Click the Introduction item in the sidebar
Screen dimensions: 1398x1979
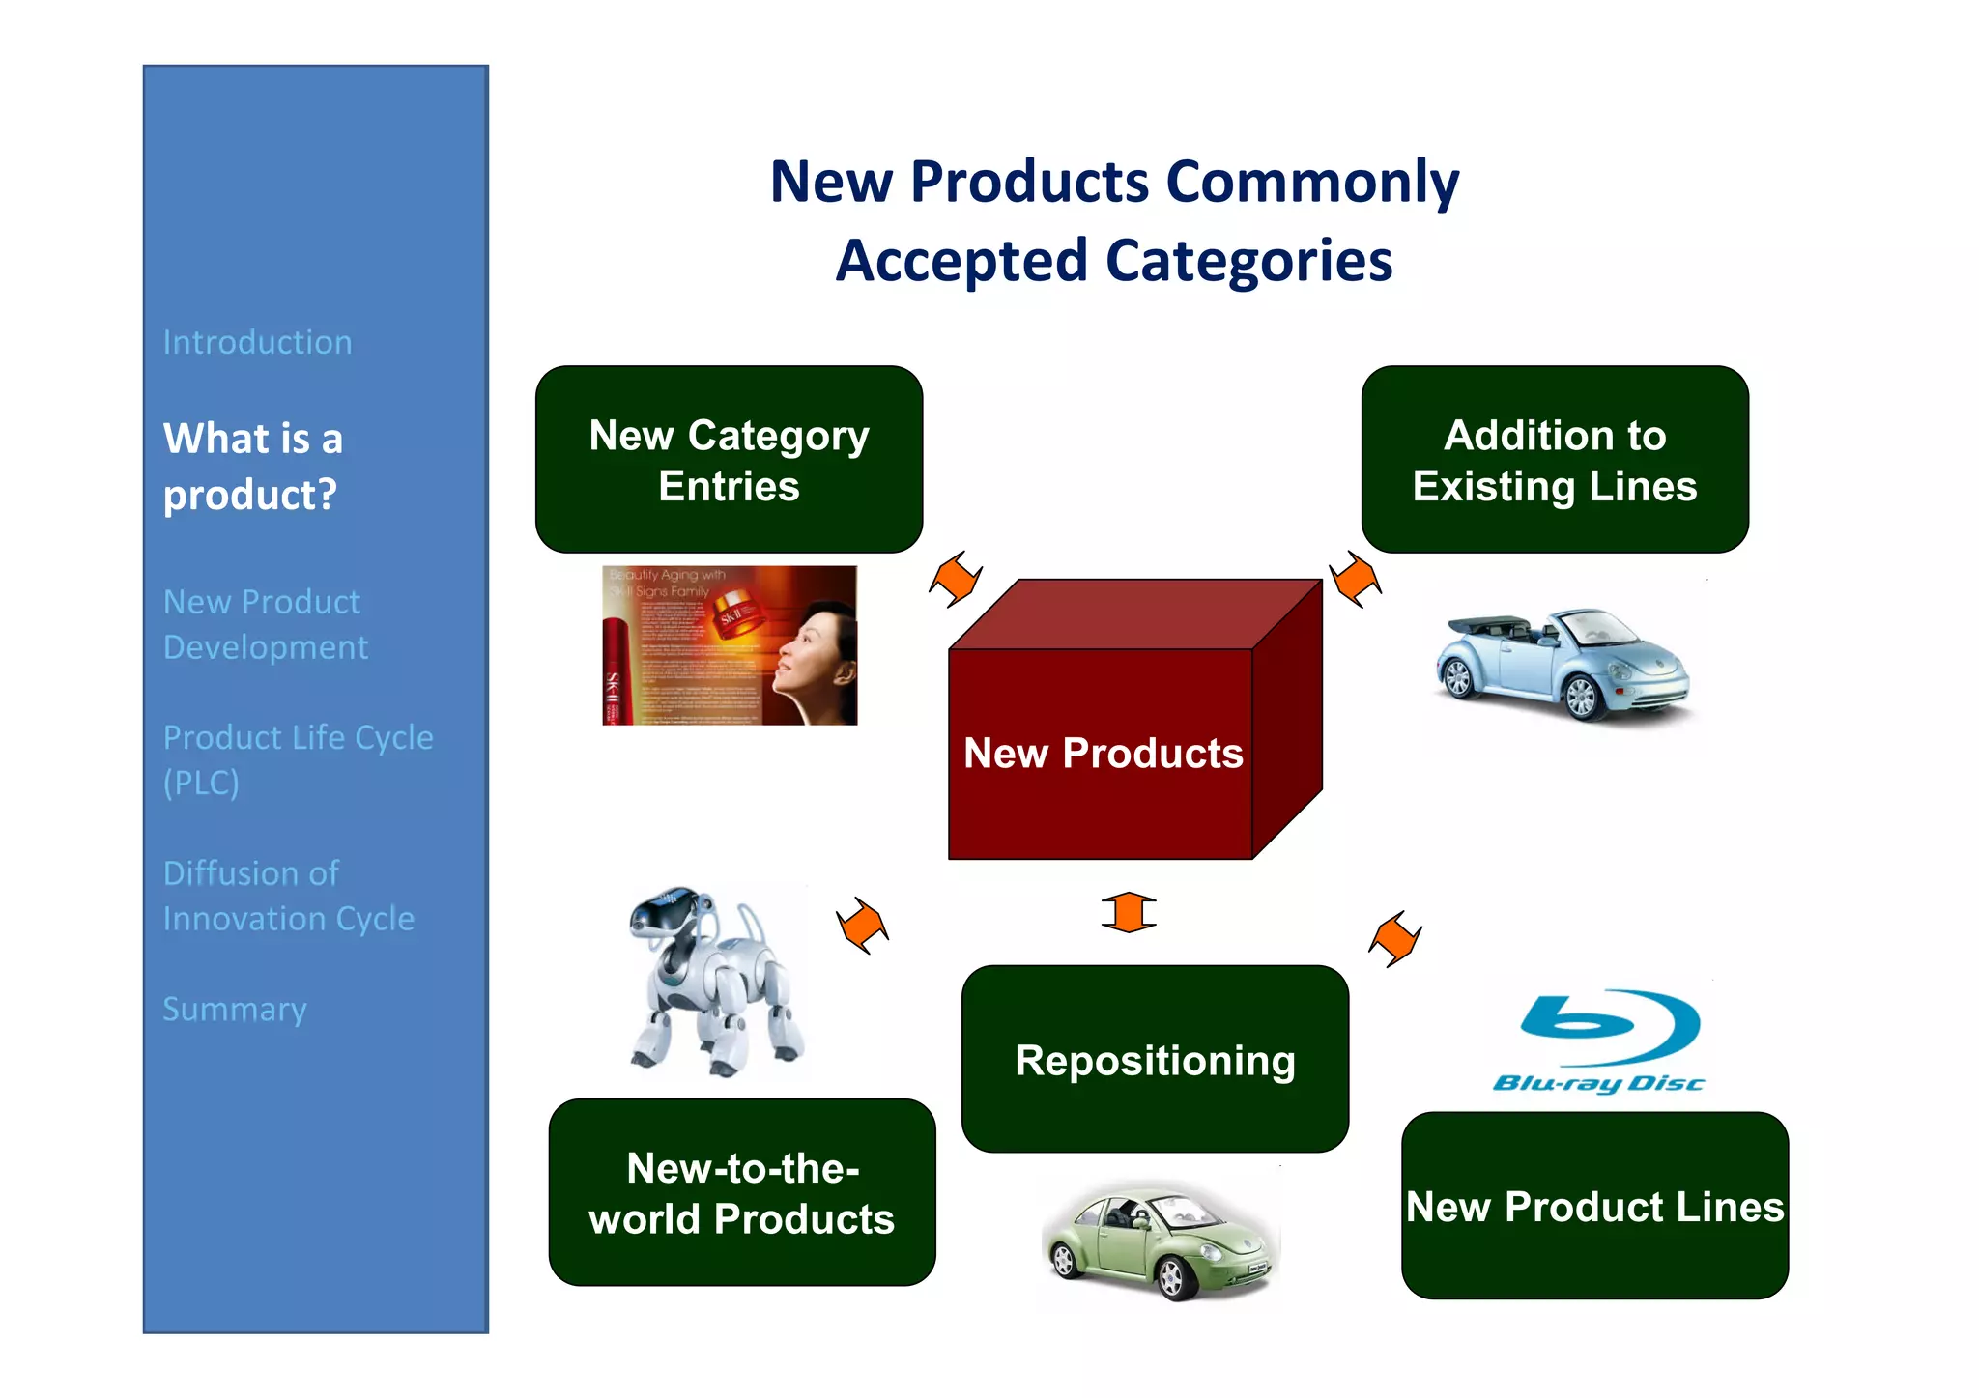point(257,342)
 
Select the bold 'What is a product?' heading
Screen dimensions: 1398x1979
point(253,467)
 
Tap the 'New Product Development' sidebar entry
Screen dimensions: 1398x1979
point(265,624)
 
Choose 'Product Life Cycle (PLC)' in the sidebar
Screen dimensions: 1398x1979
point(297,759)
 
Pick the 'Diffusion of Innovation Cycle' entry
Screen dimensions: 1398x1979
point(288,896)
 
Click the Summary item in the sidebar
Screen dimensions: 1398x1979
point(235,1009)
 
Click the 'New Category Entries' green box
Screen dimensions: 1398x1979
point(729,460)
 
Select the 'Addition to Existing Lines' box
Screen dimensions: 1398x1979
point(1554,460)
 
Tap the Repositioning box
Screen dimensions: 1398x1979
point(1155,1060)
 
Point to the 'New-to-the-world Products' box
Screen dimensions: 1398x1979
point(741,1192)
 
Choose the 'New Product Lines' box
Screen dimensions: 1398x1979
point(1594,1206)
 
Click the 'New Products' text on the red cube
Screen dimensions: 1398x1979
point(1103,753)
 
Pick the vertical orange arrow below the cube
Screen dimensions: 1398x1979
point(1128,912)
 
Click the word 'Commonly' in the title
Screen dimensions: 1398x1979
point(1312,182)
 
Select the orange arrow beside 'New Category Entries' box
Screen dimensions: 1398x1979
point(956,578)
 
